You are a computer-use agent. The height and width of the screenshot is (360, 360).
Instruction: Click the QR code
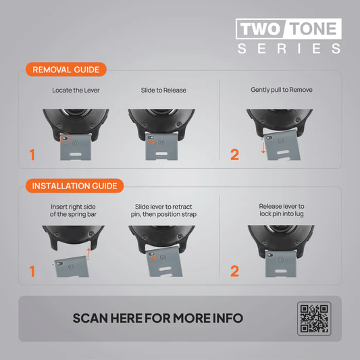pos(314,318)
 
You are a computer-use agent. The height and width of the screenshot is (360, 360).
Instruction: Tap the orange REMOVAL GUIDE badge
pos(66,70)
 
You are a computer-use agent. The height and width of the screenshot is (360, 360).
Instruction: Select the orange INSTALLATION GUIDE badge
pos(74,186)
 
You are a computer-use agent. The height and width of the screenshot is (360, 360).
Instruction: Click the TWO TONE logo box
pos(288,28)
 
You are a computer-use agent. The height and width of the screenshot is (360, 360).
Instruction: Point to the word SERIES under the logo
pos(289,49)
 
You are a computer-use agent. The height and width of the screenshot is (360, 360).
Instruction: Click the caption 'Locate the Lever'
pos(76,91)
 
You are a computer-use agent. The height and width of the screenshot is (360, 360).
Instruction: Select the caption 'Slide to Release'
pos(163,91)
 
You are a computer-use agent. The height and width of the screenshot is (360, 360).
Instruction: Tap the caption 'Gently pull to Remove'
pos(282,90)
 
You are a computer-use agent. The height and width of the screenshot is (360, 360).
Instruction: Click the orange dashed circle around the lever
pos(66,138)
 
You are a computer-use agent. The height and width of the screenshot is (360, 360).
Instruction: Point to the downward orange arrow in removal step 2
pos(263,147)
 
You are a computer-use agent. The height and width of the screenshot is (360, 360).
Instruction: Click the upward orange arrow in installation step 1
pos(88,253)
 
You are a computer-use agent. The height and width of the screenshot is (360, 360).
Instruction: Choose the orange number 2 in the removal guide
pos(234,154)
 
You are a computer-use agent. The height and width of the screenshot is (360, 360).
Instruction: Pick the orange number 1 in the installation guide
pos(32,271)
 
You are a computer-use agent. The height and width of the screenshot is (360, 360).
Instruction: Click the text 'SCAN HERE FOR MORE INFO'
pos(158,318)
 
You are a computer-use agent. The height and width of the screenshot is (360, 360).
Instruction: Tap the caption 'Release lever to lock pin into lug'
pos(282,210)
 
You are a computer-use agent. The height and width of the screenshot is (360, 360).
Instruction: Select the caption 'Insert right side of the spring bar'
pos(73,211)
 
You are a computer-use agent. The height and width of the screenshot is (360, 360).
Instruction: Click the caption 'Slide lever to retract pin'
pos(163,207)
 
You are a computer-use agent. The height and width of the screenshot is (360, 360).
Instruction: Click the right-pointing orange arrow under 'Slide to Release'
pos(151,143)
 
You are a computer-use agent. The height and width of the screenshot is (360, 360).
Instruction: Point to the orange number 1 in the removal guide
pos(32,155)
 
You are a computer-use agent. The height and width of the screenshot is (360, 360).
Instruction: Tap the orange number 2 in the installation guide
pos(234,271)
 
